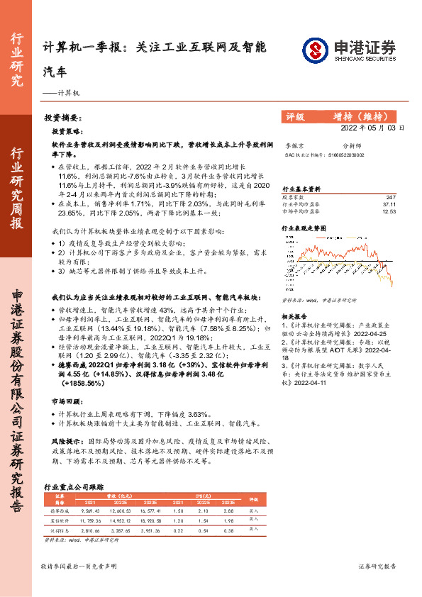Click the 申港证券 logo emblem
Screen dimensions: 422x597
[314, 50]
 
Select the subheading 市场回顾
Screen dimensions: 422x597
[65, 401]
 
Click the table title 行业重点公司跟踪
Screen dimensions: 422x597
[74, 487]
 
